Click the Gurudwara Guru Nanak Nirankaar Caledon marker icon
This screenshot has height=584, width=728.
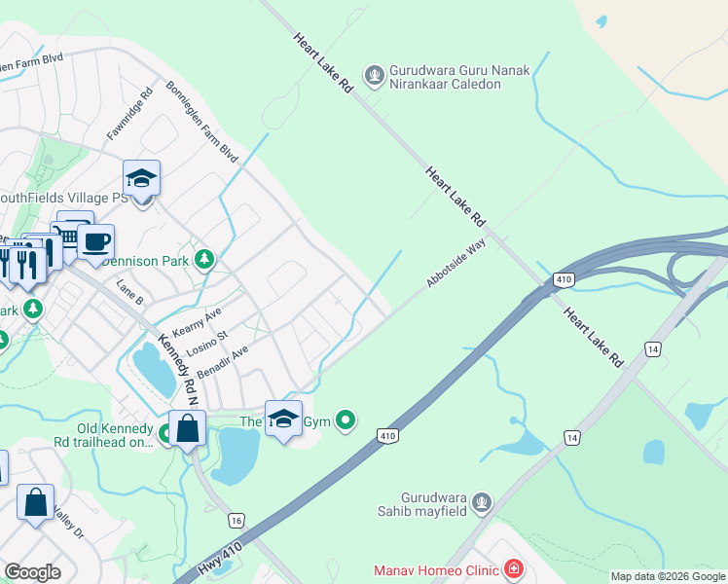pos(373,75)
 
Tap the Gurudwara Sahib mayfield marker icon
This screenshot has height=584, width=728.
pos(481,502)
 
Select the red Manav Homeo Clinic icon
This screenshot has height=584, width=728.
pos(513,569)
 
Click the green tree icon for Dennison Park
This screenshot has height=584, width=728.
pos(204,259)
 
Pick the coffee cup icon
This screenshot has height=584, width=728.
pos(95,242)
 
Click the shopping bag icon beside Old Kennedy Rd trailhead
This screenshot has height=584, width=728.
pos(186,428)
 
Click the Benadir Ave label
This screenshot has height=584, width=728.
pos(224,362)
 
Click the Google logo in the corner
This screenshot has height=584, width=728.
pos(32,572)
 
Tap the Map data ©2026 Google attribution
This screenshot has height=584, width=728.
pos(668,576)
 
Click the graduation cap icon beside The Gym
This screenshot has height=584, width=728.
pos(283,419)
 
